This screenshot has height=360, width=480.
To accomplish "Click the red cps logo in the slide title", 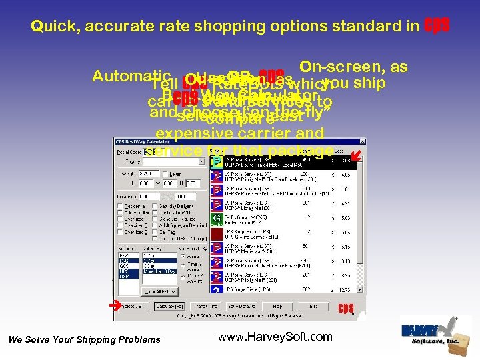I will coord(437,25).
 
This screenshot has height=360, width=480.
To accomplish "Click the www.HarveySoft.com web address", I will coord(275,337).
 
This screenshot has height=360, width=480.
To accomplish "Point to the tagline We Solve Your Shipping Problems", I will coord(84,340).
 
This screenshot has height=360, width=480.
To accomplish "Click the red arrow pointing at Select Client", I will coord(115,305).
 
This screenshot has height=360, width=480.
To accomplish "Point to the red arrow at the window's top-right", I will coord(355,155).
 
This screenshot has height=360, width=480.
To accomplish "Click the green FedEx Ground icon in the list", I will coord(217,218).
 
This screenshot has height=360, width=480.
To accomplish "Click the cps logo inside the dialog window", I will coord(345,308).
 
